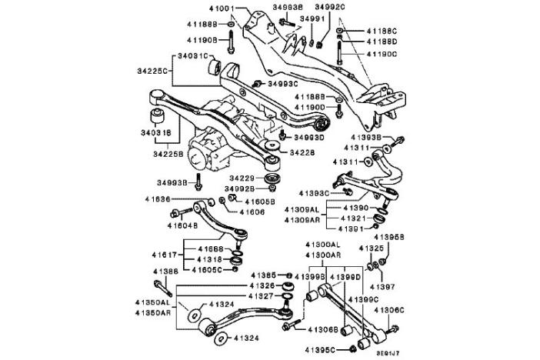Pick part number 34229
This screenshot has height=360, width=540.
click(x=241, y=178)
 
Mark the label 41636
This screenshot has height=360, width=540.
click(x=156, y=200)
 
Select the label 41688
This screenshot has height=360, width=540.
click(x=208, y=249)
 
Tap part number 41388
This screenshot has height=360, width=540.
click(x=165, y=271)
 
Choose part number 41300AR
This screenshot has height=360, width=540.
click(x=324, y=255)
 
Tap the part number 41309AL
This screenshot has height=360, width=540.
click(x=302, y=209)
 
